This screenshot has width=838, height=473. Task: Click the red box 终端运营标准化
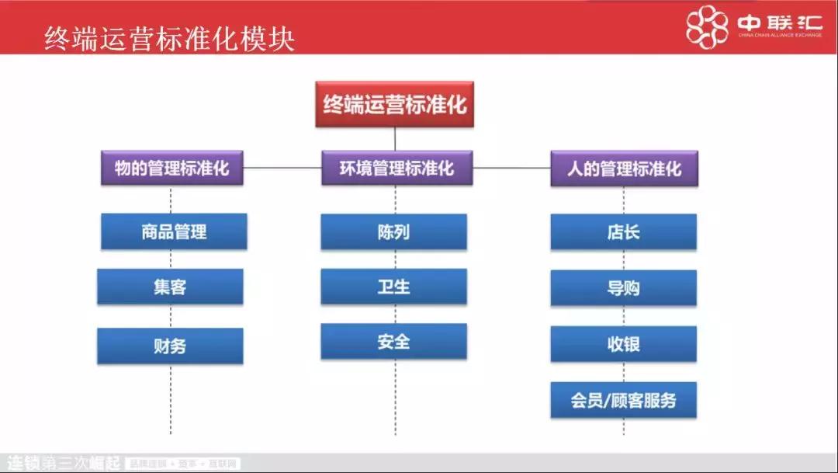click(x=394, y=104)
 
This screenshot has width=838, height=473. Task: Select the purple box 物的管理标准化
click(x=171, y=168)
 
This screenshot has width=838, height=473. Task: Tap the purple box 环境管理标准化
click(x=396, y=168)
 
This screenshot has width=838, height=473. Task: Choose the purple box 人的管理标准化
click(x=624, y=168)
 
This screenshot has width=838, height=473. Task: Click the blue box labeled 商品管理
click(x=174, y=231)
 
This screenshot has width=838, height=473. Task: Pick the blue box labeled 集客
click(x=170, y=287)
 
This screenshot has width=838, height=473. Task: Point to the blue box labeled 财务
click(x=170, y=346)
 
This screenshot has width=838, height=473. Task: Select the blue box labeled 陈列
click(x=393, y=231)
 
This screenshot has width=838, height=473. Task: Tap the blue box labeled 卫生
click(x=393, y=287)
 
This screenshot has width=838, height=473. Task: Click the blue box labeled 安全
click(x=393, y=341)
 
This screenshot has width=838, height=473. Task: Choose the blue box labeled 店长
click(x=623, y=231)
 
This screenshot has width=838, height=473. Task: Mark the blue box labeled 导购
click(x=623, y=287)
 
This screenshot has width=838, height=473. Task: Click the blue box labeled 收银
click(x=623, y=344)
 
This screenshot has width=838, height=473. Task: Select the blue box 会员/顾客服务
click(x=623, y=400)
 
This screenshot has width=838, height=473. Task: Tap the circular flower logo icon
click(x=707, y=27)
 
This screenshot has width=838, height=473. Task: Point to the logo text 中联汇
click(x=778, y=23)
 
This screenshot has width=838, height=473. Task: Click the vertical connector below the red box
click(x=395, y=138)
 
